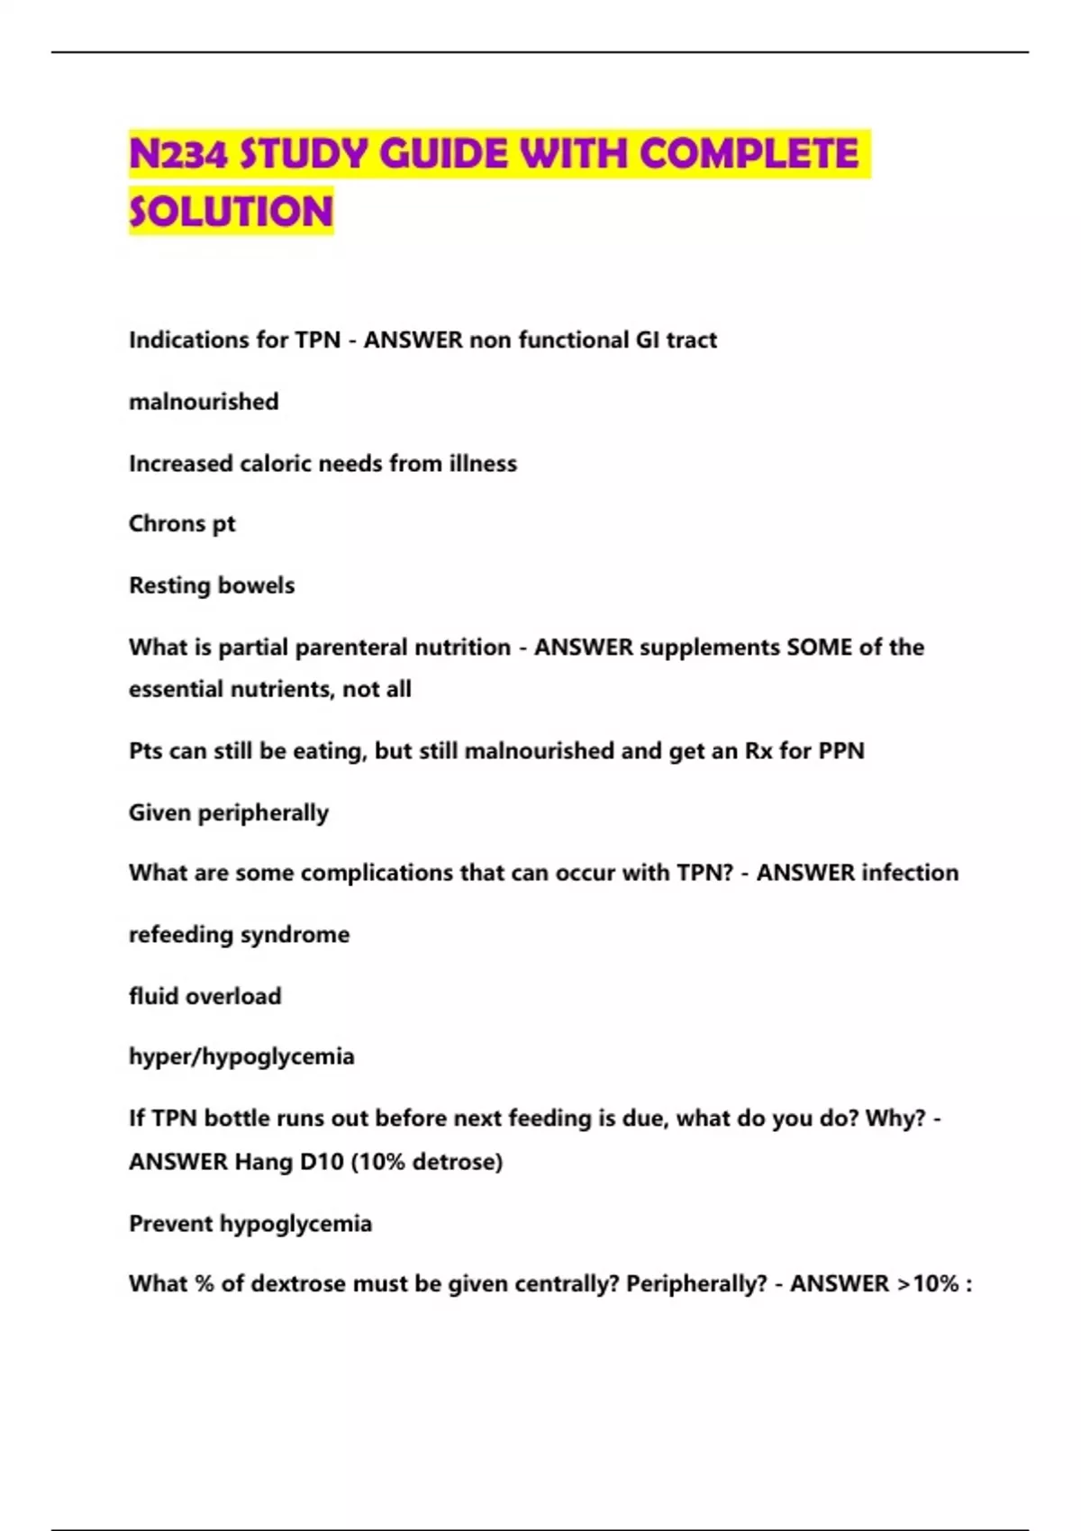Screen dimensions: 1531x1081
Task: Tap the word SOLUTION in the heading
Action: pyautogui.click(x=232, y=213)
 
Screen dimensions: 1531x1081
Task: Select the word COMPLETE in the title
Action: pyautogui.click(x=749, y=154)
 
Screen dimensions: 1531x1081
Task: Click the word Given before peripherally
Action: pyautogui.click(x=159, y=813)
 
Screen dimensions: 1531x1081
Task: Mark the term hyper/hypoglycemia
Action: pyautogui.click(x=241, y=1056)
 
